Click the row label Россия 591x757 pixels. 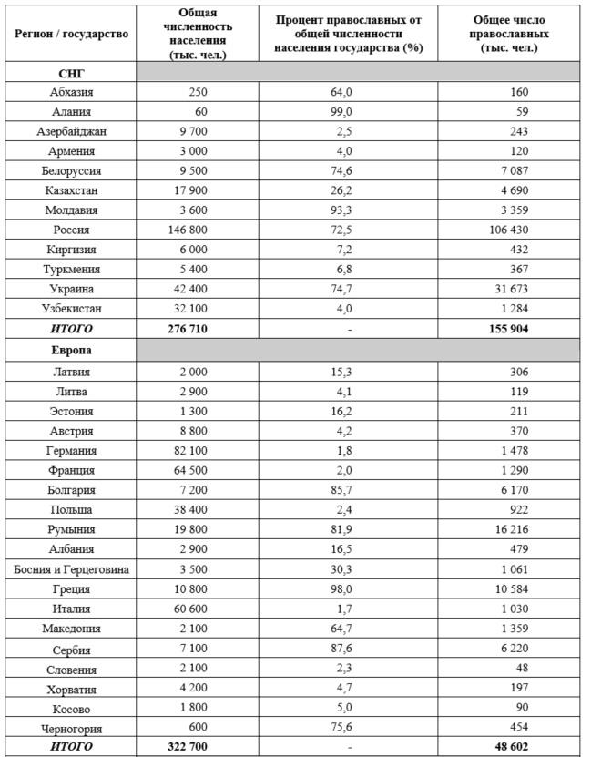(71, 230)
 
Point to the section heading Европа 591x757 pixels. (71, 350)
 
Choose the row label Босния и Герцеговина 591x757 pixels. (71, 569)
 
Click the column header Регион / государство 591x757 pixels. (71, 33)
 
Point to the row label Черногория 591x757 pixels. (71, 729)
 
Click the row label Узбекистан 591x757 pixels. (71, 309)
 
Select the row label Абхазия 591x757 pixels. (71, 91)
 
